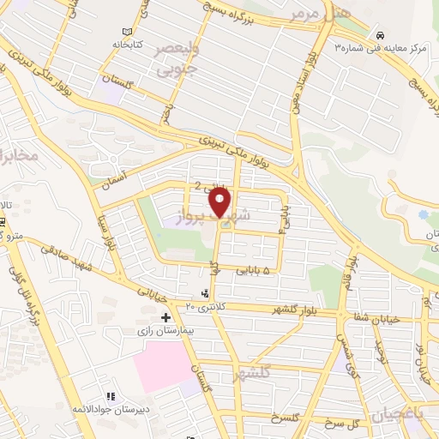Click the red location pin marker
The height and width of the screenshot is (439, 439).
click(x=221, y=202)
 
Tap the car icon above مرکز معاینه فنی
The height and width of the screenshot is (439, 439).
click(x=378, y=34)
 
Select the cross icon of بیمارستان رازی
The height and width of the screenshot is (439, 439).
click(x=165, y=318)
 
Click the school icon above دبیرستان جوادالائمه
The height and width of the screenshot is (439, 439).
click(x=110, y=396)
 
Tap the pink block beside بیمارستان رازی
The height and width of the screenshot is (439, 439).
click(x=163, y=366)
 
